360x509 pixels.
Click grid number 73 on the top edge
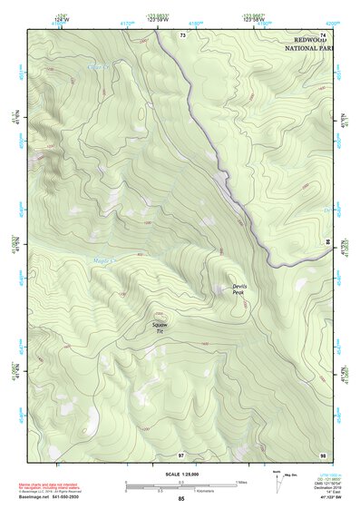coord(182,34)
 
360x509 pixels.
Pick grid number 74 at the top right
coord(322,34)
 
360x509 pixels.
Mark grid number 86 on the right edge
coord(327,242)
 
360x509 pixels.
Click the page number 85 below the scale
coord(181,499)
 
